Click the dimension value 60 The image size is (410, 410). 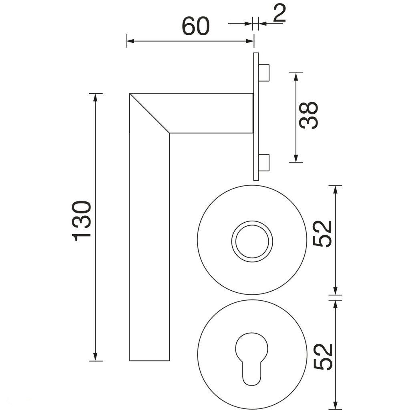(x=195, y=26)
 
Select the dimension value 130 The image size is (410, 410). (x=81, y=221)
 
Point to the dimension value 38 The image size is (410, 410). (x=309, y=115)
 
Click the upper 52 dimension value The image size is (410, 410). (x=322, y=234)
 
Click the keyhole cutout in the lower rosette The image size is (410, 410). (x=252, y=359)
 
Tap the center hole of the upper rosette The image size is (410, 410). (x=252, y=241)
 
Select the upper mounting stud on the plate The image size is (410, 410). (x=264, y=72)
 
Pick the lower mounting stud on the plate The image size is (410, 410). (x=264, y=163)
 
